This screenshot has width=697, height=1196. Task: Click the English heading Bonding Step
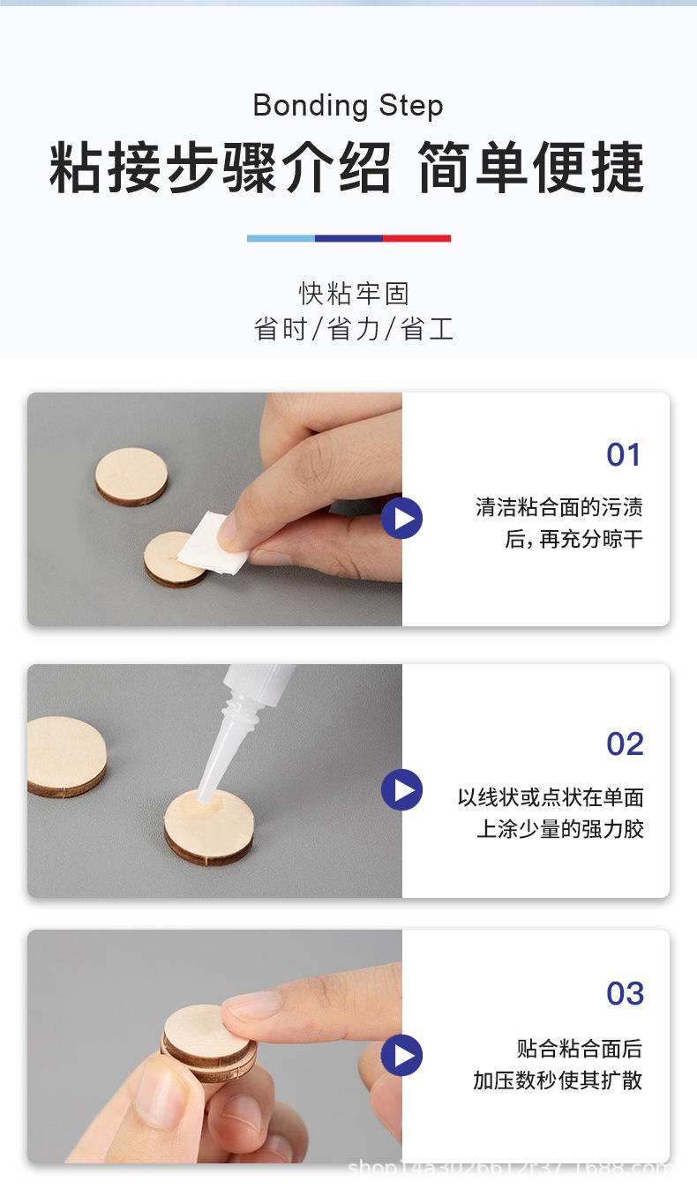pyautogui.click(x=348, y=106)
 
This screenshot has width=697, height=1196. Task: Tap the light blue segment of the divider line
pyautogui.click(x=281, y=238)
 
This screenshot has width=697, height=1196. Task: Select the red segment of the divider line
pyautogui.click(x=416, y=238)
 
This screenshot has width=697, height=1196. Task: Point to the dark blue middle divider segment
pyautogui.click(x=348, y=238)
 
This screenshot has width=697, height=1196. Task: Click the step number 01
pyautogui.click(x=624, y=455)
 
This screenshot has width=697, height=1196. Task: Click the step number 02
pyautogui.click(x=625, y=744)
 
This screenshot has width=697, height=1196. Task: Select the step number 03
pyautogui.click(x=625, y=994)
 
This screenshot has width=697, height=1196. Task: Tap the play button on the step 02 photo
pyautogui.click(x=402, y=789)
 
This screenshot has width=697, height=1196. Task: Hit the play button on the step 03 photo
pyautogui.click(x=402, y=1055)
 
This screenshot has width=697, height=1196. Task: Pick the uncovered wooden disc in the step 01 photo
pyautogui.click(x=131, y=476)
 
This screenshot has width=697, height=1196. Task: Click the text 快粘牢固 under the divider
pyautogui.click(x=353, y=294)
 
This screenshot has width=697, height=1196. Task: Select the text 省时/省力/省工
pyautogui.click(x=353, y=329)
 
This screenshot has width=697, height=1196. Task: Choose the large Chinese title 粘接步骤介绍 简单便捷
pyautogui.click(x=348, y=168)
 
